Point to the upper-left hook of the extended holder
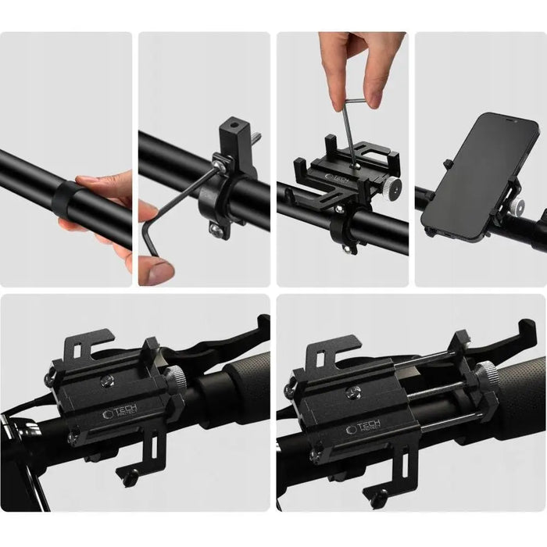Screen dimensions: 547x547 (329, 352)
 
